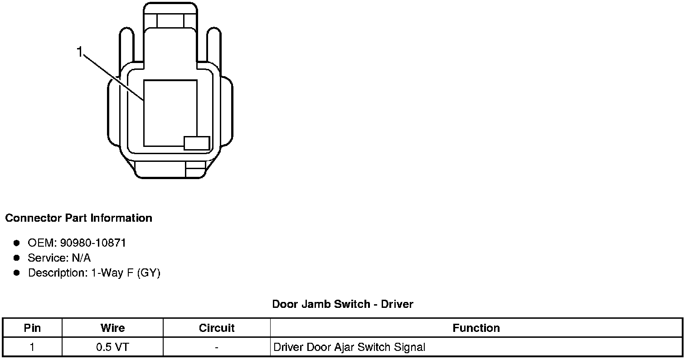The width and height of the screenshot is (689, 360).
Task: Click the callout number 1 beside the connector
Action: pyautogui.click(x=80, y=52)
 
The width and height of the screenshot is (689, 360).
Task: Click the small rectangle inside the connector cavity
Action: pyautogui.click(x=197, y=143)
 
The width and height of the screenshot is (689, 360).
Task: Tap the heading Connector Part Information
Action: pyautogui.click(x=78, y=218)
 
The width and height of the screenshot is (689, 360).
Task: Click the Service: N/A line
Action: pyautogui.click(x=59, y=258)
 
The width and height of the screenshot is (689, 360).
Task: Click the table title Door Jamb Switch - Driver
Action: pyautogui.click(x=342, y=304)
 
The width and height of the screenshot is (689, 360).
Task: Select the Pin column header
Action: pyautogui.click(x=32, y=328)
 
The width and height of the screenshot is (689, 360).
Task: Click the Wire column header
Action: pyautogui.click(x=112, y=328)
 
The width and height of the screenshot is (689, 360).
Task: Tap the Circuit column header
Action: pyautogui.click(x=217, y=328)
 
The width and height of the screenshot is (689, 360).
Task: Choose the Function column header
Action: pyautogui.click(x=476, y=328)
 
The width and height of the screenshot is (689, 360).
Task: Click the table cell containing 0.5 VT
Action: pyautogui.click(x=112, y=347)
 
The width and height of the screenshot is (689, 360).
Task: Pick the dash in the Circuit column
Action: pyautogui.click(x=217, y=347)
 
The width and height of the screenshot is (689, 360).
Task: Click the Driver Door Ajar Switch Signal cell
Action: pyautogui.click(x=349, y=347)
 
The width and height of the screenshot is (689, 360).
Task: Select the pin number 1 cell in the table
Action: pyautogui.click(x=32, y=347)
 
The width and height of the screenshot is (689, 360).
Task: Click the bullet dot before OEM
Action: pyautogui.click(x=17, y=243)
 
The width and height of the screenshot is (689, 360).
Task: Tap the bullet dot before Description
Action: pyautogui.click(x=17, y=273)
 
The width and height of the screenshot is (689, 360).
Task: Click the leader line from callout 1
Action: pyautogui.click(x=113, y=77)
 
